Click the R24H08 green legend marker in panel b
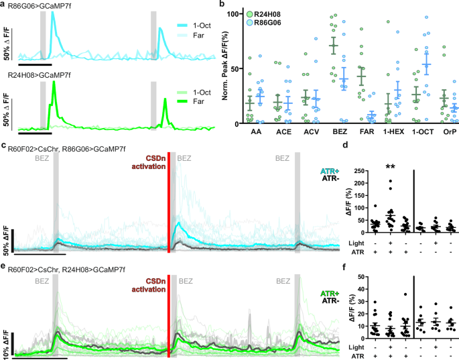[249, 13]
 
